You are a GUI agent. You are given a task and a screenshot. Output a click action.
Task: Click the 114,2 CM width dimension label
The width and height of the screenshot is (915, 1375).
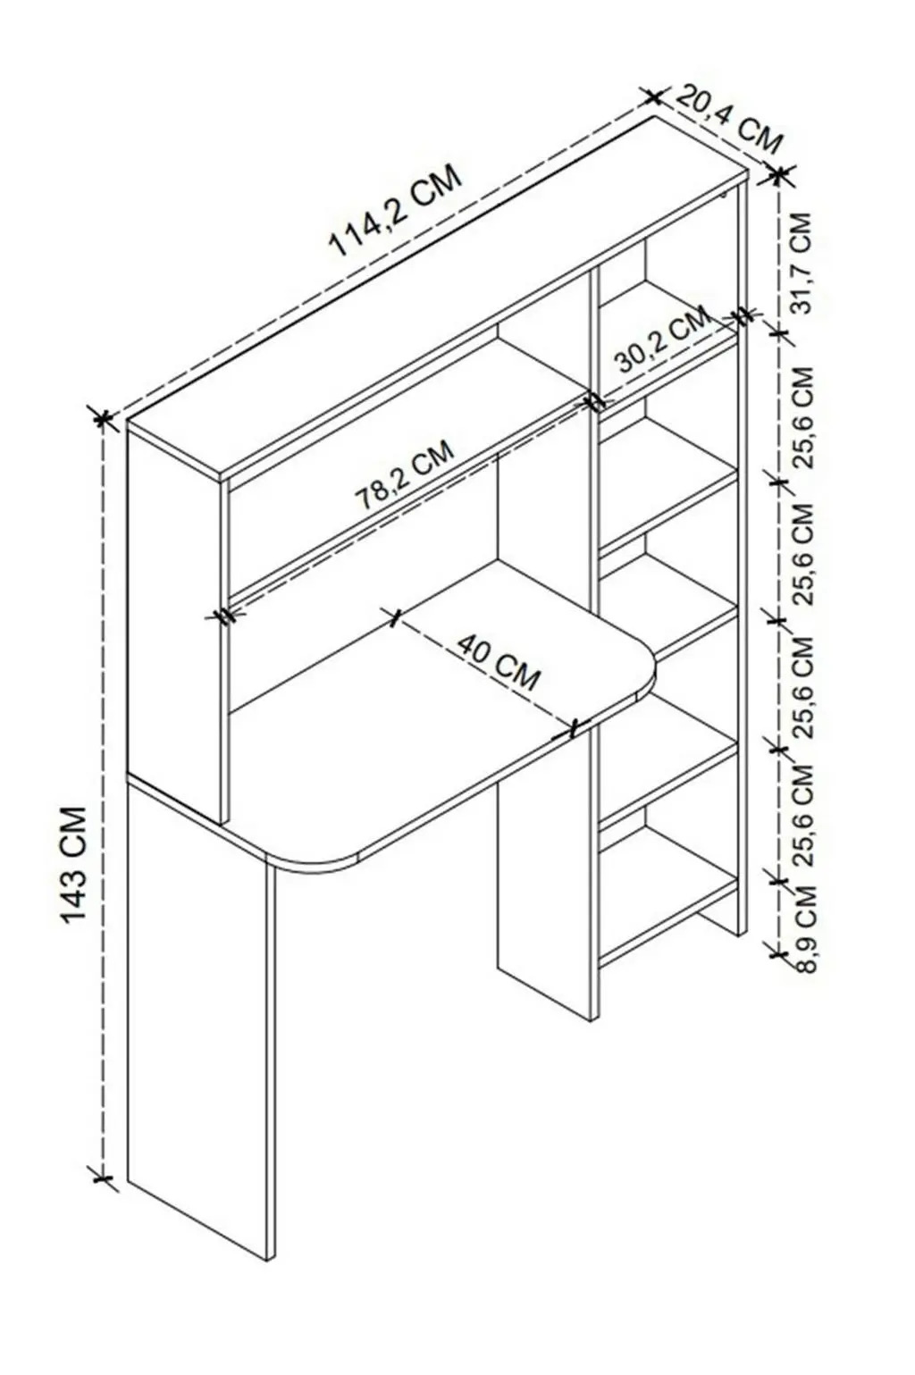[x=394, y=211]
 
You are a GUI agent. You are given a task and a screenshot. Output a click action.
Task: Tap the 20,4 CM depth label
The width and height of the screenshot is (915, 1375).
[x=729, y=121]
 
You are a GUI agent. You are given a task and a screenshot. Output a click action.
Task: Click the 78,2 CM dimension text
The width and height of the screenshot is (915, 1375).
[x=405, y=474]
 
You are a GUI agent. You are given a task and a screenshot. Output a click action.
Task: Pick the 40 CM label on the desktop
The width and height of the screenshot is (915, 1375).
[x=498, y=662]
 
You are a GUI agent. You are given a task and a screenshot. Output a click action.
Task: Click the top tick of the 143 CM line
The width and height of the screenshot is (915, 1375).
[x=103, y=419]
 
